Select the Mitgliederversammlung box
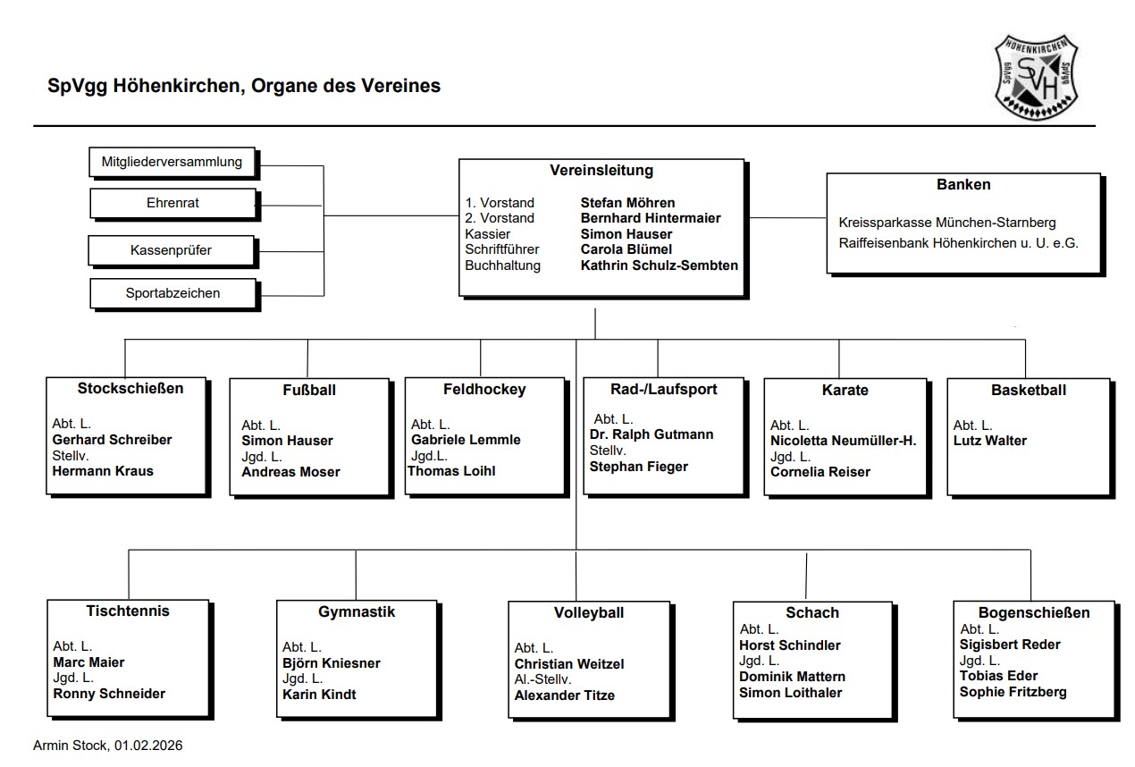[172, 163]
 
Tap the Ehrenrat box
[172, 203]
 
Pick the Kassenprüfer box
[171, 250]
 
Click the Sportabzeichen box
[172, 292]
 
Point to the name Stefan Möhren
[627, 203]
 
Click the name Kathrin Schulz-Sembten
[659, 265]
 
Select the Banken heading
[963, 185]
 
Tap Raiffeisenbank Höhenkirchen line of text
[958, 241]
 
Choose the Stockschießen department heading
[130, 388]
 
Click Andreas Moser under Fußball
[290, 472]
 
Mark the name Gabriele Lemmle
[466, 440]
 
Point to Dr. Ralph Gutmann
[652, 434]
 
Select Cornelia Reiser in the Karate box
[820, 472]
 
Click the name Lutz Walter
[989, 441]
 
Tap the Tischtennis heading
[128, 611]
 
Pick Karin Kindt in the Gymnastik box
[319, 695]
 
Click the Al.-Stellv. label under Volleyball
[543, 679]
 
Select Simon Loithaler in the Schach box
[790, 693]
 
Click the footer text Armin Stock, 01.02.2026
[107, 746]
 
